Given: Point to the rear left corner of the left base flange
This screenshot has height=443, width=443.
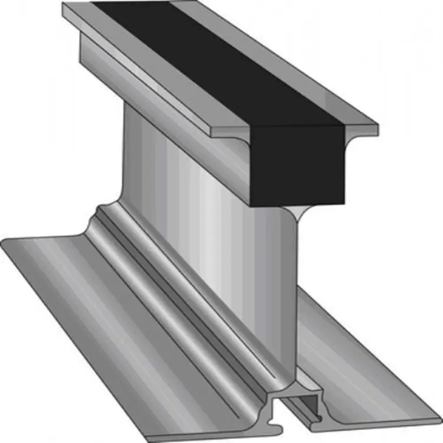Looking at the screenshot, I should pos(3,242).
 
